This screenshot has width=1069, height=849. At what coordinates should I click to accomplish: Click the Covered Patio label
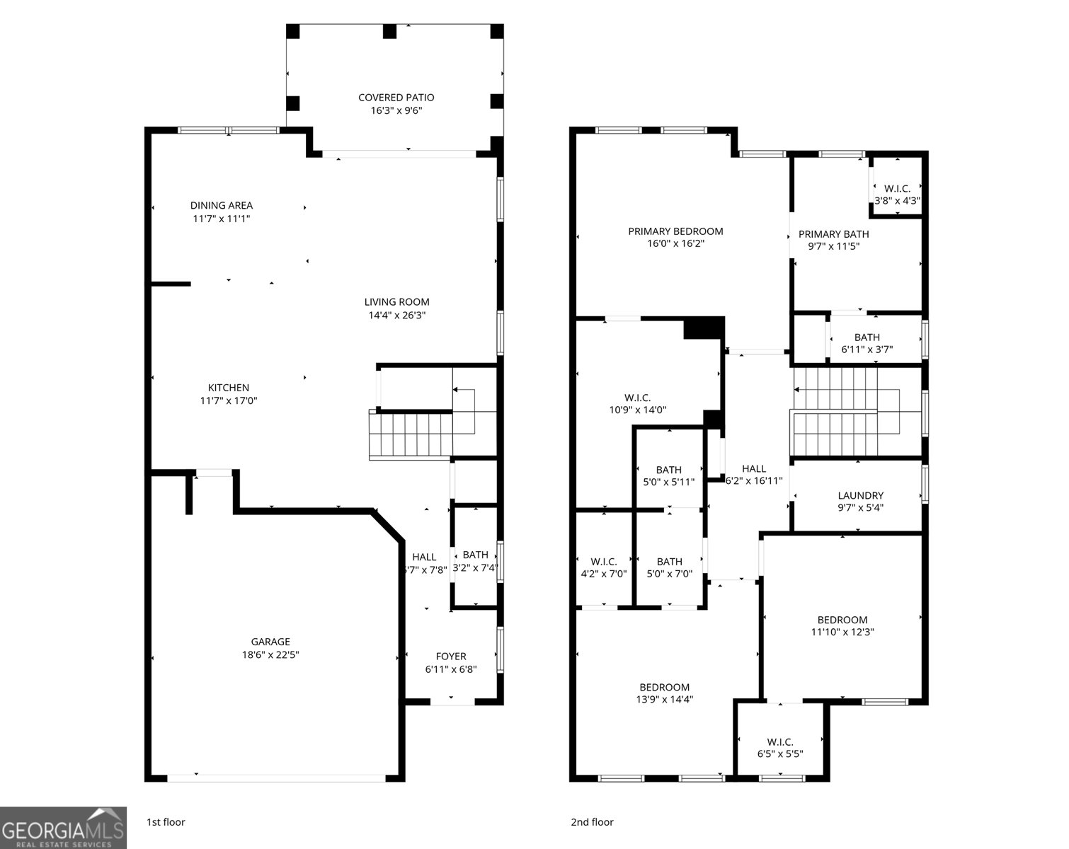click(396, 98)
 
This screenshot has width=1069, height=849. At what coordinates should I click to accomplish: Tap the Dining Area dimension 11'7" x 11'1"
click(221, 219)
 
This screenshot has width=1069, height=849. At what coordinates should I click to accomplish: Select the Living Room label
click(396, 302)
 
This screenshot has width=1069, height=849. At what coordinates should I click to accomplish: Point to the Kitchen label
click(228, 388)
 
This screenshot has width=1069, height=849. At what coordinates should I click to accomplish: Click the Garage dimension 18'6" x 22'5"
click(270, 655)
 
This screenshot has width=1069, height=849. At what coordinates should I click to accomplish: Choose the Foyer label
click(451, 657)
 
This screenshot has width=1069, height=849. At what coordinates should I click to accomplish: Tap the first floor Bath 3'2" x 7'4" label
click(475, 555)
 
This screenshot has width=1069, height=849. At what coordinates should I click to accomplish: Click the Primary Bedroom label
click(675, 231)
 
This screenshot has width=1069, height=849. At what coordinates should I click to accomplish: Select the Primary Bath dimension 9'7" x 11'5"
click(833, 247)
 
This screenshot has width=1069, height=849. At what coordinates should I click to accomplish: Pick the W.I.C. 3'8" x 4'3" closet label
click(897, 189)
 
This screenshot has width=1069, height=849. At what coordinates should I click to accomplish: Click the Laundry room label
click(860, 495)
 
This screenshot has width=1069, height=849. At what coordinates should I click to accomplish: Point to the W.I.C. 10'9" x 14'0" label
click(637, 398)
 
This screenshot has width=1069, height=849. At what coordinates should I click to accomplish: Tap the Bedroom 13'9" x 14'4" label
click(664, 687)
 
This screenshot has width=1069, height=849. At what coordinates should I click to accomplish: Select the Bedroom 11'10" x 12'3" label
click(842, 620)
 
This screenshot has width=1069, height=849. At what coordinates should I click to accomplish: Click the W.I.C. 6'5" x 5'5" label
click(779, 741)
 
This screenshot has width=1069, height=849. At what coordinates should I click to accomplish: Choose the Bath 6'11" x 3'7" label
click(867, 337)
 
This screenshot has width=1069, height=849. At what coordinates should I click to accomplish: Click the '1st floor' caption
click(166, 822)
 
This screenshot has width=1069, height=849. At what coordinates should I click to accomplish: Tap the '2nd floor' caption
click(592, 822)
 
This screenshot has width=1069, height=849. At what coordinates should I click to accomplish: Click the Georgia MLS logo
click(64, 828)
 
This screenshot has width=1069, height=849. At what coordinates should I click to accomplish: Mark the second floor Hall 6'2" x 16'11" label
click(754, 468)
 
